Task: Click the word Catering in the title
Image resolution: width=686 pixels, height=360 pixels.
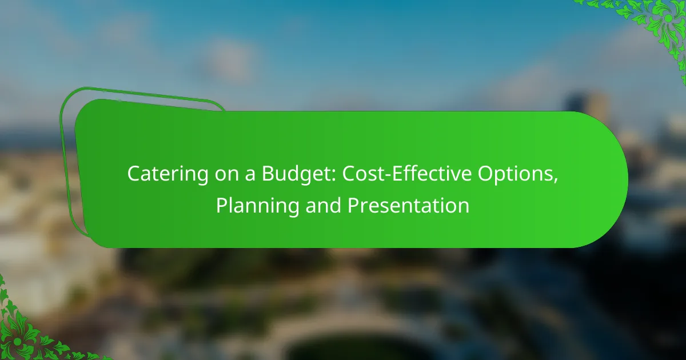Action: [x=167, y=174]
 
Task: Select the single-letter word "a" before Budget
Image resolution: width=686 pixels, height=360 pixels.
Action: [x=250, y=175]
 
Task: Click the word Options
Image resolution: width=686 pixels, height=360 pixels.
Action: [x=516, y=174]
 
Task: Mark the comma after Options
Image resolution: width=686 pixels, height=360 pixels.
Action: [x=556, y=181]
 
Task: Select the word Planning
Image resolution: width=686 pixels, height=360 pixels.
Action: [x=258, y=206]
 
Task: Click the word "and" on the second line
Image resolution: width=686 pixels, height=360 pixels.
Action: [x=323, y=205]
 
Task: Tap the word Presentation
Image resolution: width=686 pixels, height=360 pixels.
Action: [x=408, y=205]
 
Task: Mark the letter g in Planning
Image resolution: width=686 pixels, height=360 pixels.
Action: [x=293, y=208]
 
